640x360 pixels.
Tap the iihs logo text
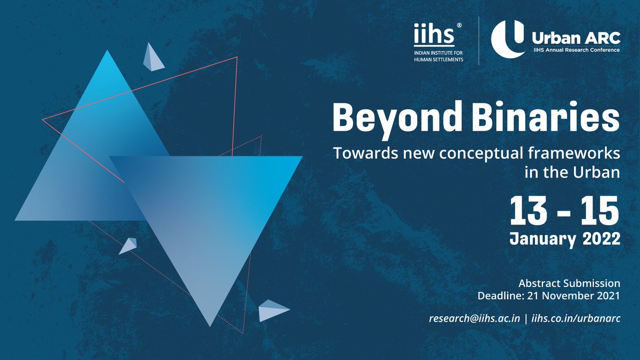point(434,36)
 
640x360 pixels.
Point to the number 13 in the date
point(530,211)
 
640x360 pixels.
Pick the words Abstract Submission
point(569,283)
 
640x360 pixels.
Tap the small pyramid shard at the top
point(152,57)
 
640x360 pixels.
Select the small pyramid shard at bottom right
point(272,310)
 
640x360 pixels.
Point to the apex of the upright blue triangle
point(107,51)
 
